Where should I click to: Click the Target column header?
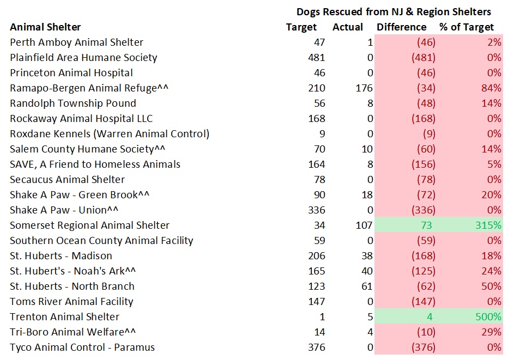301,27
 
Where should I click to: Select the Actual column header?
347,27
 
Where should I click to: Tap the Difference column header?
402,27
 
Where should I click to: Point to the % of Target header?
467,27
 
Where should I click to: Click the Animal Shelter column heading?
45,27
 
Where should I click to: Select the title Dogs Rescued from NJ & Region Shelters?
394,11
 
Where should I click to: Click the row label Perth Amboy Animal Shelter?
76,42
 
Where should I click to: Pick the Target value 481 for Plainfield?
316,57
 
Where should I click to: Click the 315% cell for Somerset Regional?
489,225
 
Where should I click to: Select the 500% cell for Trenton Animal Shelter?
489,316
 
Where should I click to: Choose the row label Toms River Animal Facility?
71,301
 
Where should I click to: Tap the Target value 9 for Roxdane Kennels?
322,133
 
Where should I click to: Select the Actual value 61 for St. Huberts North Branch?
366,286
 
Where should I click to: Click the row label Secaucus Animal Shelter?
67,179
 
